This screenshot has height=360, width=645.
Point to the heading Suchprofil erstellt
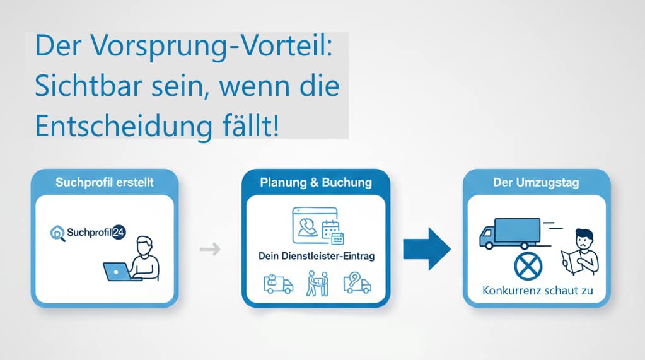[105, 182]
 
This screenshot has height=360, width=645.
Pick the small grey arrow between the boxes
[209, 250]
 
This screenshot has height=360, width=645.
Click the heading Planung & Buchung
[316, 182]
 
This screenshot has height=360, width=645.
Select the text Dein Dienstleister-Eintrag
[315, 256]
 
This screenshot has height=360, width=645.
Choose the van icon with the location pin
[356, 283]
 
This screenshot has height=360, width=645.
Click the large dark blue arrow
[427, 248]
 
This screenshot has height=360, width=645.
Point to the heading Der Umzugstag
[537, 182]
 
